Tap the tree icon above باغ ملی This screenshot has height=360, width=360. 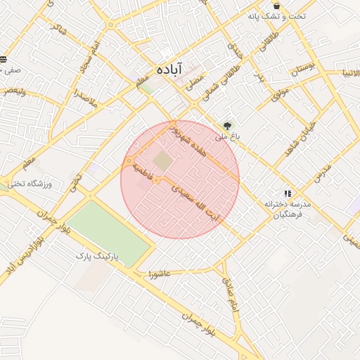click(x=226, y=126)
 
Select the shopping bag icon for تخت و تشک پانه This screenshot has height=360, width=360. click(x=276, y=6)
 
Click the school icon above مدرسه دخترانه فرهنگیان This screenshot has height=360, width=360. click(x=287, y=193)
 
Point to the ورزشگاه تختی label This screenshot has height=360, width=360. click(x=29, y=184)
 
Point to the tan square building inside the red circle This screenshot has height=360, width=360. click(x=162, y=161)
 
